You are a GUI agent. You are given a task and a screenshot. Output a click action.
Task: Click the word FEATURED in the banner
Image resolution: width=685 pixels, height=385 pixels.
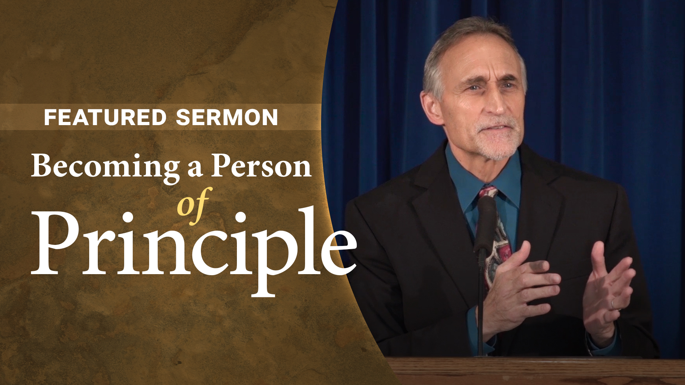pyautogui.click(x=105, y=117)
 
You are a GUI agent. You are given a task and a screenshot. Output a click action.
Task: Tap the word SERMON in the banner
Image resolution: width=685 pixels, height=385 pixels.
pyautogui.click(x=227, y=117)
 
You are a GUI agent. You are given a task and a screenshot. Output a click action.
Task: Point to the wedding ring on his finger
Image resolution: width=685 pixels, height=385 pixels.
pyautogui.click(x=613, y=304)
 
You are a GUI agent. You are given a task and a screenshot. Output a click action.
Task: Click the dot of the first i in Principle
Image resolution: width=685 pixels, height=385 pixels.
pyautogui.click(x=127, y=218)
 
